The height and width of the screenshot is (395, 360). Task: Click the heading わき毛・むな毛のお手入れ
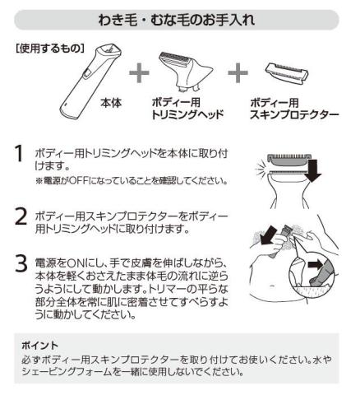(177, 20)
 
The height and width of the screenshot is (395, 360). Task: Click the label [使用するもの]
(49, 49)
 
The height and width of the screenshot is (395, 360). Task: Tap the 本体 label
(111, 103)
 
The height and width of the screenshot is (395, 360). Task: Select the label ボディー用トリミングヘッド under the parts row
(187, 109)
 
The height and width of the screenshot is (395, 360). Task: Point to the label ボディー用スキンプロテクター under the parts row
(294, 109)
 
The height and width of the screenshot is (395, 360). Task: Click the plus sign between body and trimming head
(139, 72)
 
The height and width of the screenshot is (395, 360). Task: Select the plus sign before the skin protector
(238, 72)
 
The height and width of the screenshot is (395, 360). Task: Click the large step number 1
(19, 154)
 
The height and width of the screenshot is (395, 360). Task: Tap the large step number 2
(21, 216)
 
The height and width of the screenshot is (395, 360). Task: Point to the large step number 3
(21, 264)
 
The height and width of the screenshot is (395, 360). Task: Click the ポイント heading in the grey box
(40, 346)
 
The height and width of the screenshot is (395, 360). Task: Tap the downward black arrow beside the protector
(314, 171)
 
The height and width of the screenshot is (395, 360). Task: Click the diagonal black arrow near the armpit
(267, 235)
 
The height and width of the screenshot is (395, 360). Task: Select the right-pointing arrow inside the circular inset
(316, 264)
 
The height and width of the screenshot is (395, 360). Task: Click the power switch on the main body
(86, 74)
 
